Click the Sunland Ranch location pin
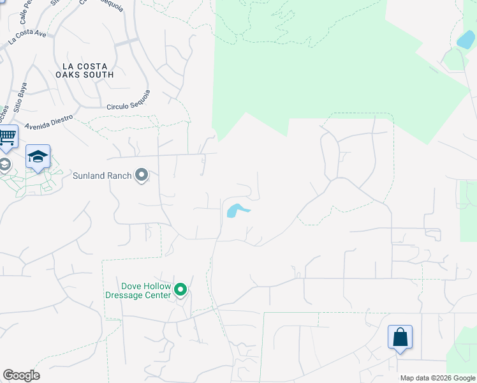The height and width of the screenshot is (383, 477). click(142, 175)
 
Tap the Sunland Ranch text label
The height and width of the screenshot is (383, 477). click(102, 176)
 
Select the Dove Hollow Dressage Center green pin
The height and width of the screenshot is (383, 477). click(180, 290)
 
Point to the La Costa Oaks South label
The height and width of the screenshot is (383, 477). click(88, 70)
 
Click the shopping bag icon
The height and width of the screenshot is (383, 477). click(400, 336)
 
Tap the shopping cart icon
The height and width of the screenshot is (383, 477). click(6, 136)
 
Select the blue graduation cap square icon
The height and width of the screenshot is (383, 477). click(38, 156)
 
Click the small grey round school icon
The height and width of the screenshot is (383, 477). click(4, 165)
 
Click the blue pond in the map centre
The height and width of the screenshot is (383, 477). click(236, 209)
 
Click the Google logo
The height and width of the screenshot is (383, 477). click(21, 375)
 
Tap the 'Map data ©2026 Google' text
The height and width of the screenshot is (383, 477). click(437, 378)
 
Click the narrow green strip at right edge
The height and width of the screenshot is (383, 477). click(468, 211)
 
